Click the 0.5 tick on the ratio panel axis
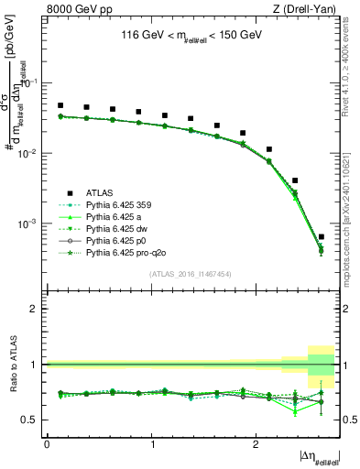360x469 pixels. [x=32, y=420]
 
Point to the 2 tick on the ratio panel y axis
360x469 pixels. [x=37, y=309]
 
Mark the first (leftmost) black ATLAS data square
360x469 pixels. [x=60, y=105]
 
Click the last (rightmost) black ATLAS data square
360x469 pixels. [x=321, y=236]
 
